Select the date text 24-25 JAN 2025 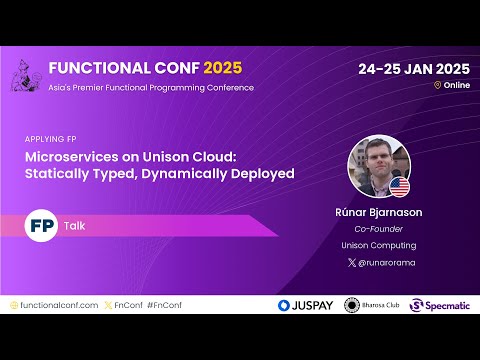(x=414, y=69)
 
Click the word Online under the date (x=456, y=86)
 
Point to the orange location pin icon (x=437, y=86)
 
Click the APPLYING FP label (x=50, y=139)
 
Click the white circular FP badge (x=41, y=225)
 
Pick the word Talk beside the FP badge (x=75, y=226)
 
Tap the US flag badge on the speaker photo (x=399, y=187)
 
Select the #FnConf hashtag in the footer (x=165, y=304)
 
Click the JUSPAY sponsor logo (x=305, y=305)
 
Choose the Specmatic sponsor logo (x=441, y=305)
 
